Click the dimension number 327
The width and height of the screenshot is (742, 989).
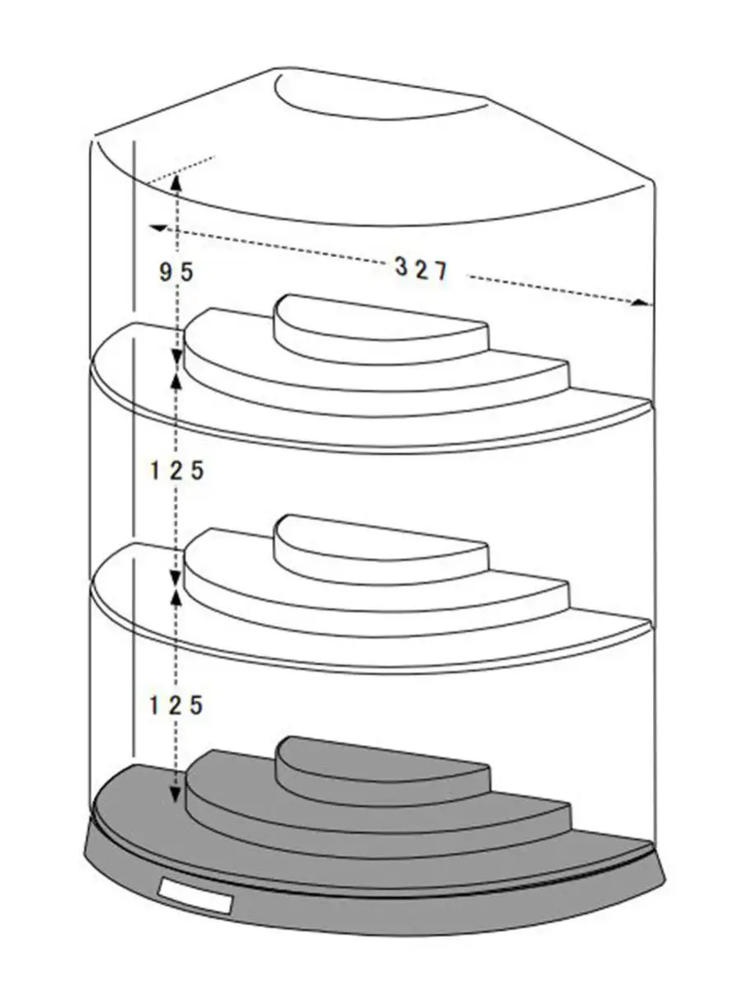[421, 270]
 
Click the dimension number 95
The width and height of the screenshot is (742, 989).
[176, 272]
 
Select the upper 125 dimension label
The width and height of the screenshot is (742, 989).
[176, 471]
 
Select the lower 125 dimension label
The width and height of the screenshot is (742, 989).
[176, 705]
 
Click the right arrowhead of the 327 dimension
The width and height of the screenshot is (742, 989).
[641, 302]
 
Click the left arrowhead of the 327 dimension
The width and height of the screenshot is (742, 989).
[158, 228]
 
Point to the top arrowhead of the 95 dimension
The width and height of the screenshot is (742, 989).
[176, 181]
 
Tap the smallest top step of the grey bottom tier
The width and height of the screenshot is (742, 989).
[383, 762]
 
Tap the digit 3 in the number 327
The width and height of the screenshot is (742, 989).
[401, 268]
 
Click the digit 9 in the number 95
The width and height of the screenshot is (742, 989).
[166, 272]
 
